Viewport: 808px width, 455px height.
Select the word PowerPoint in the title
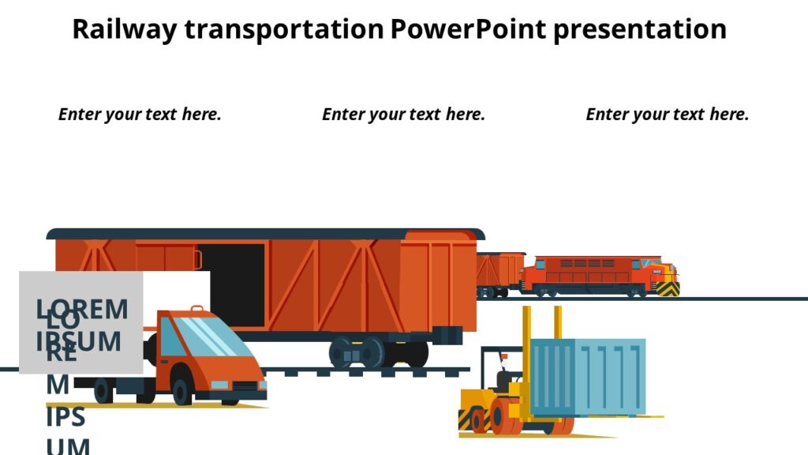pos(467,29)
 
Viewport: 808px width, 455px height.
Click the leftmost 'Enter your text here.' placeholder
pos(140,114)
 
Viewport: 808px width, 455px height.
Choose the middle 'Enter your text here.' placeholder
pos(403,114)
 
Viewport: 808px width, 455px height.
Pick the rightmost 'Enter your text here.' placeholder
pos(667,114)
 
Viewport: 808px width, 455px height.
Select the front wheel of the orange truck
pos(181,392)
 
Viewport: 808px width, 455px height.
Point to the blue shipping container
pos(588,377)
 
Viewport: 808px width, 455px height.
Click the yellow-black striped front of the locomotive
pos(668,288)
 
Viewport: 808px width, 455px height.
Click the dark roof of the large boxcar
pos(265,234)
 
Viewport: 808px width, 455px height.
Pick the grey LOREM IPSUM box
pos(80,322)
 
